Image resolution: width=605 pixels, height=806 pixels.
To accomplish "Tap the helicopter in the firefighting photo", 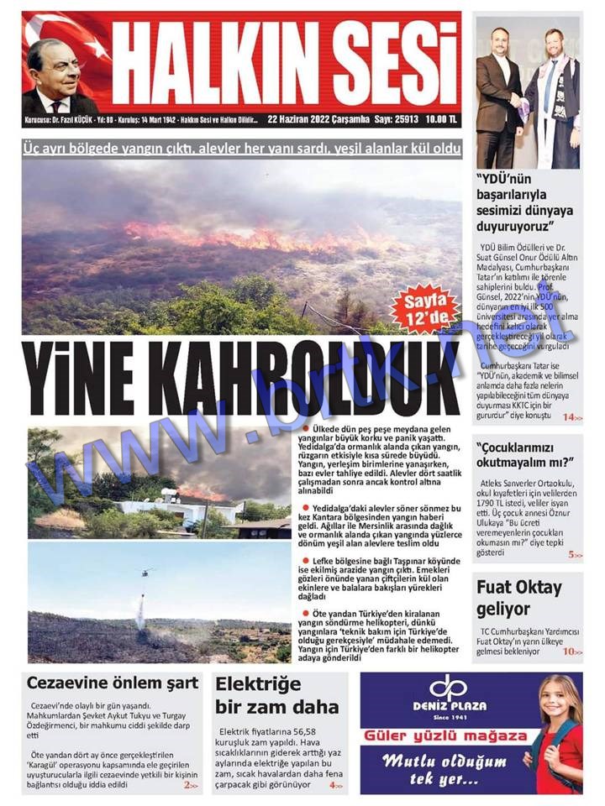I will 147,573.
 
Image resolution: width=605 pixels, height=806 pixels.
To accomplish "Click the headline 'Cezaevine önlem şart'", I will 113,682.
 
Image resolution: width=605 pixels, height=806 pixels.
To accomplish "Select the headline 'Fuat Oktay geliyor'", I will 519,598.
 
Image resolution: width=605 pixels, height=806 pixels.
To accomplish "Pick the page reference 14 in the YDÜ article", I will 570,417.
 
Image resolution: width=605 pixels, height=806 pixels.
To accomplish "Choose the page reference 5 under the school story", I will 573,555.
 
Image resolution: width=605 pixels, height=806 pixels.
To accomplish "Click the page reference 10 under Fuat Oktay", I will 571,652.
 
